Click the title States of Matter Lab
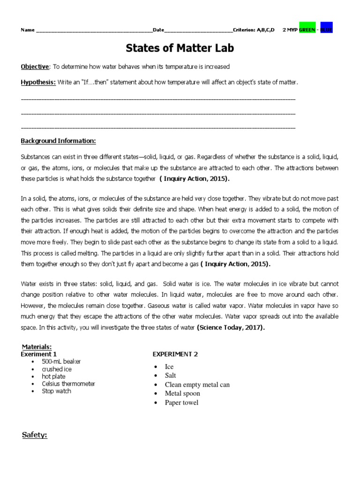180,48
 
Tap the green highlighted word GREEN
307,30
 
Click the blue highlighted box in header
327,30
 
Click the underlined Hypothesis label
38,82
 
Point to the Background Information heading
58,141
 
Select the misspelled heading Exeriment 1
39,354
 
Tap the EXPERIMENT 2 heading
175,354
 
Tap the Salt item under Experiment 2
171,376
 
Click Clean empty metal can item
197,385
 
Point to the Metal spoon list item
182,394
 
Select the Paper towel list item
181,403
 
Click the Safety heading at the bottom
35,435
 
